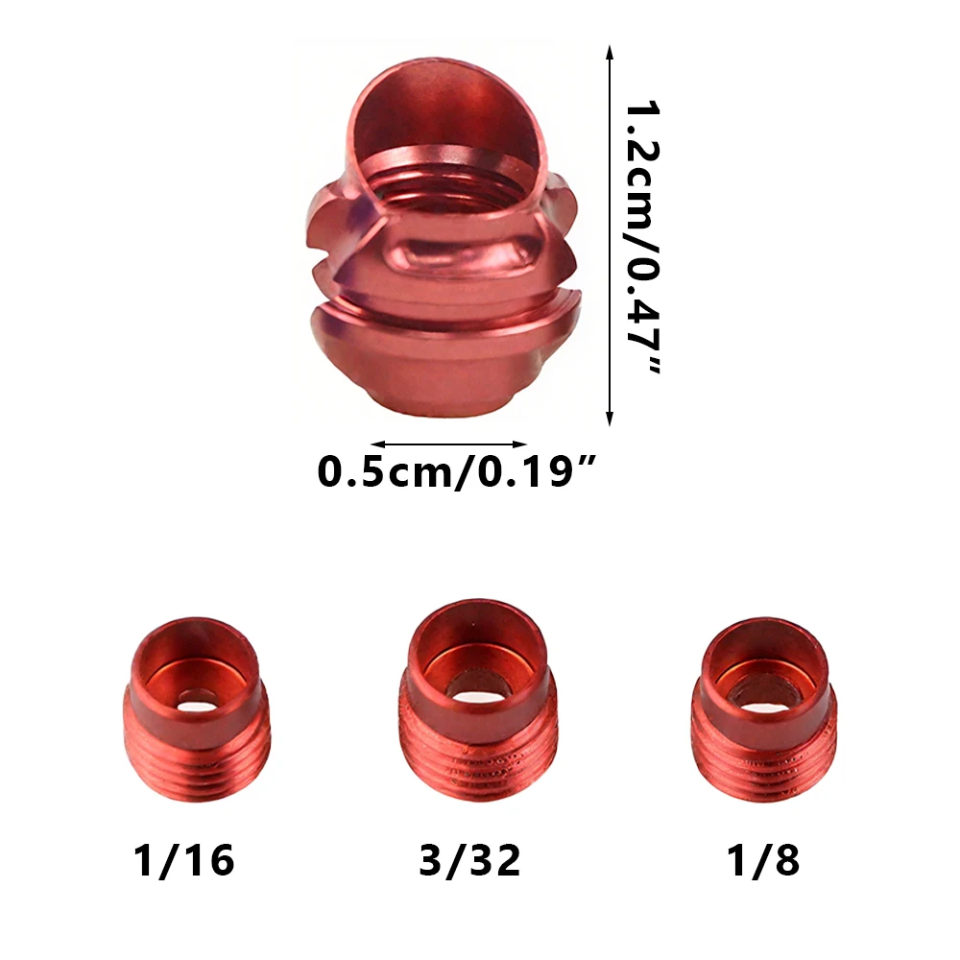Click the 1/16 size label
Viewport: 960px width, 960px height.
[183, 861]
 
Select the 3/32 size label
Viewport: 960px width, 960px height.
[470, 861]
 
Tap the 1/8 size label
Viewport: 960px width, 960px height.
[763, 861]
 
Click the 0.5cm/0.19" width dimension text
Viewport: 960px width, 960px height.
[456, 472]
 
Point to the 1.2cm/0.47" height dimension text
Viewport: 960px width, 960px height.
[643, 237]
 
